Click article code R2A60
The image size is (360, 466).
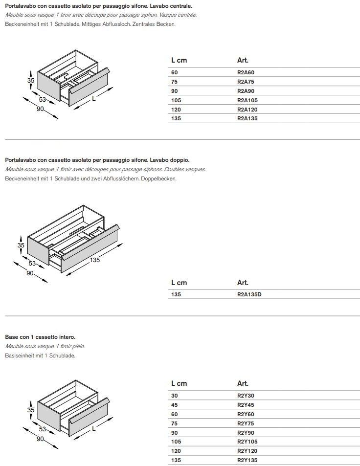246,72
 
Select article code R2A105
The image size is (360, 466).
247,100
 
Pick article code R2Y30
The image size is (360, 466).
246,396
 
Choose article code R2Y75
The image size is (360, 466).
246,423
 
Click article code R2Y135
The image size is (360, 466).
247,460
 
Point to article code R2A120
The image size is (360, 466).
247,110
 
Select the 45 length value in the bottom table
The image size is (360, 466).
175,405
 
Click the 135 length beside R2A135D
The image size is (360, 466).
176,294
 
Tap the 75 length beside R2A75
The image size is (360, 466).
175,82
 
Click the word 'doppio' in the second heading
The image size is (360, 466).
179,160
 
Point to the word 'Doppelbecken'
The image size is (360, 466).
161,178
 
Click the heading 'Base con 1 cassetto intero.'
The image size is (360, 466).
40,337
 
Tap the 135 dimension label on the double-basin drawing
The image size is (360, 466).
95,260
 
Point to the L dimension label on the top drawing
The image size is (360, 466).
93,98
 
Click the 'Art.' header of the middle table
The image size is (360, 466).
243,283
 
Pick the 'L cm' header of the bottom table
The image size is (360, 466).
179,383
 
